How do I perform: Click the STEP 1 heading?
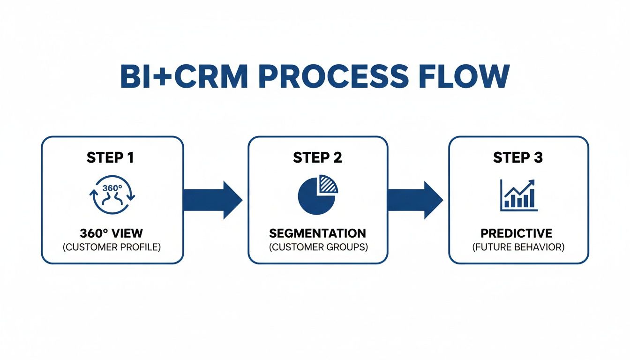pos(110,158)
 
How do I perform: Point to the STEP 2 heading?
pos(317,158)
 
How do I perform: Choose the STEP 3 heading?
pos(518,158)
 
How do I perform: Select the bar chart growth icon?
pos(518,195)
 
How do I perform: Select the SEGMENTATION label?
pos(317,233)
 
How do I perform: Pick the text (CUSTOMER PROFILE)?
pos(112,247)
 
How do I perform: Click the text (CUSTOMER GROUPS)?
pos(317,247)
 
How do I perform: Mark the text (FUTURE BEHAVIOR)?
pos(518,247)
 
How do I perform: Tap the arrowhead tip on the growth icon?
pos(533,181)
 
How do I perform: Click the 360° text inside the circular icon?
pos(112,187)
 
